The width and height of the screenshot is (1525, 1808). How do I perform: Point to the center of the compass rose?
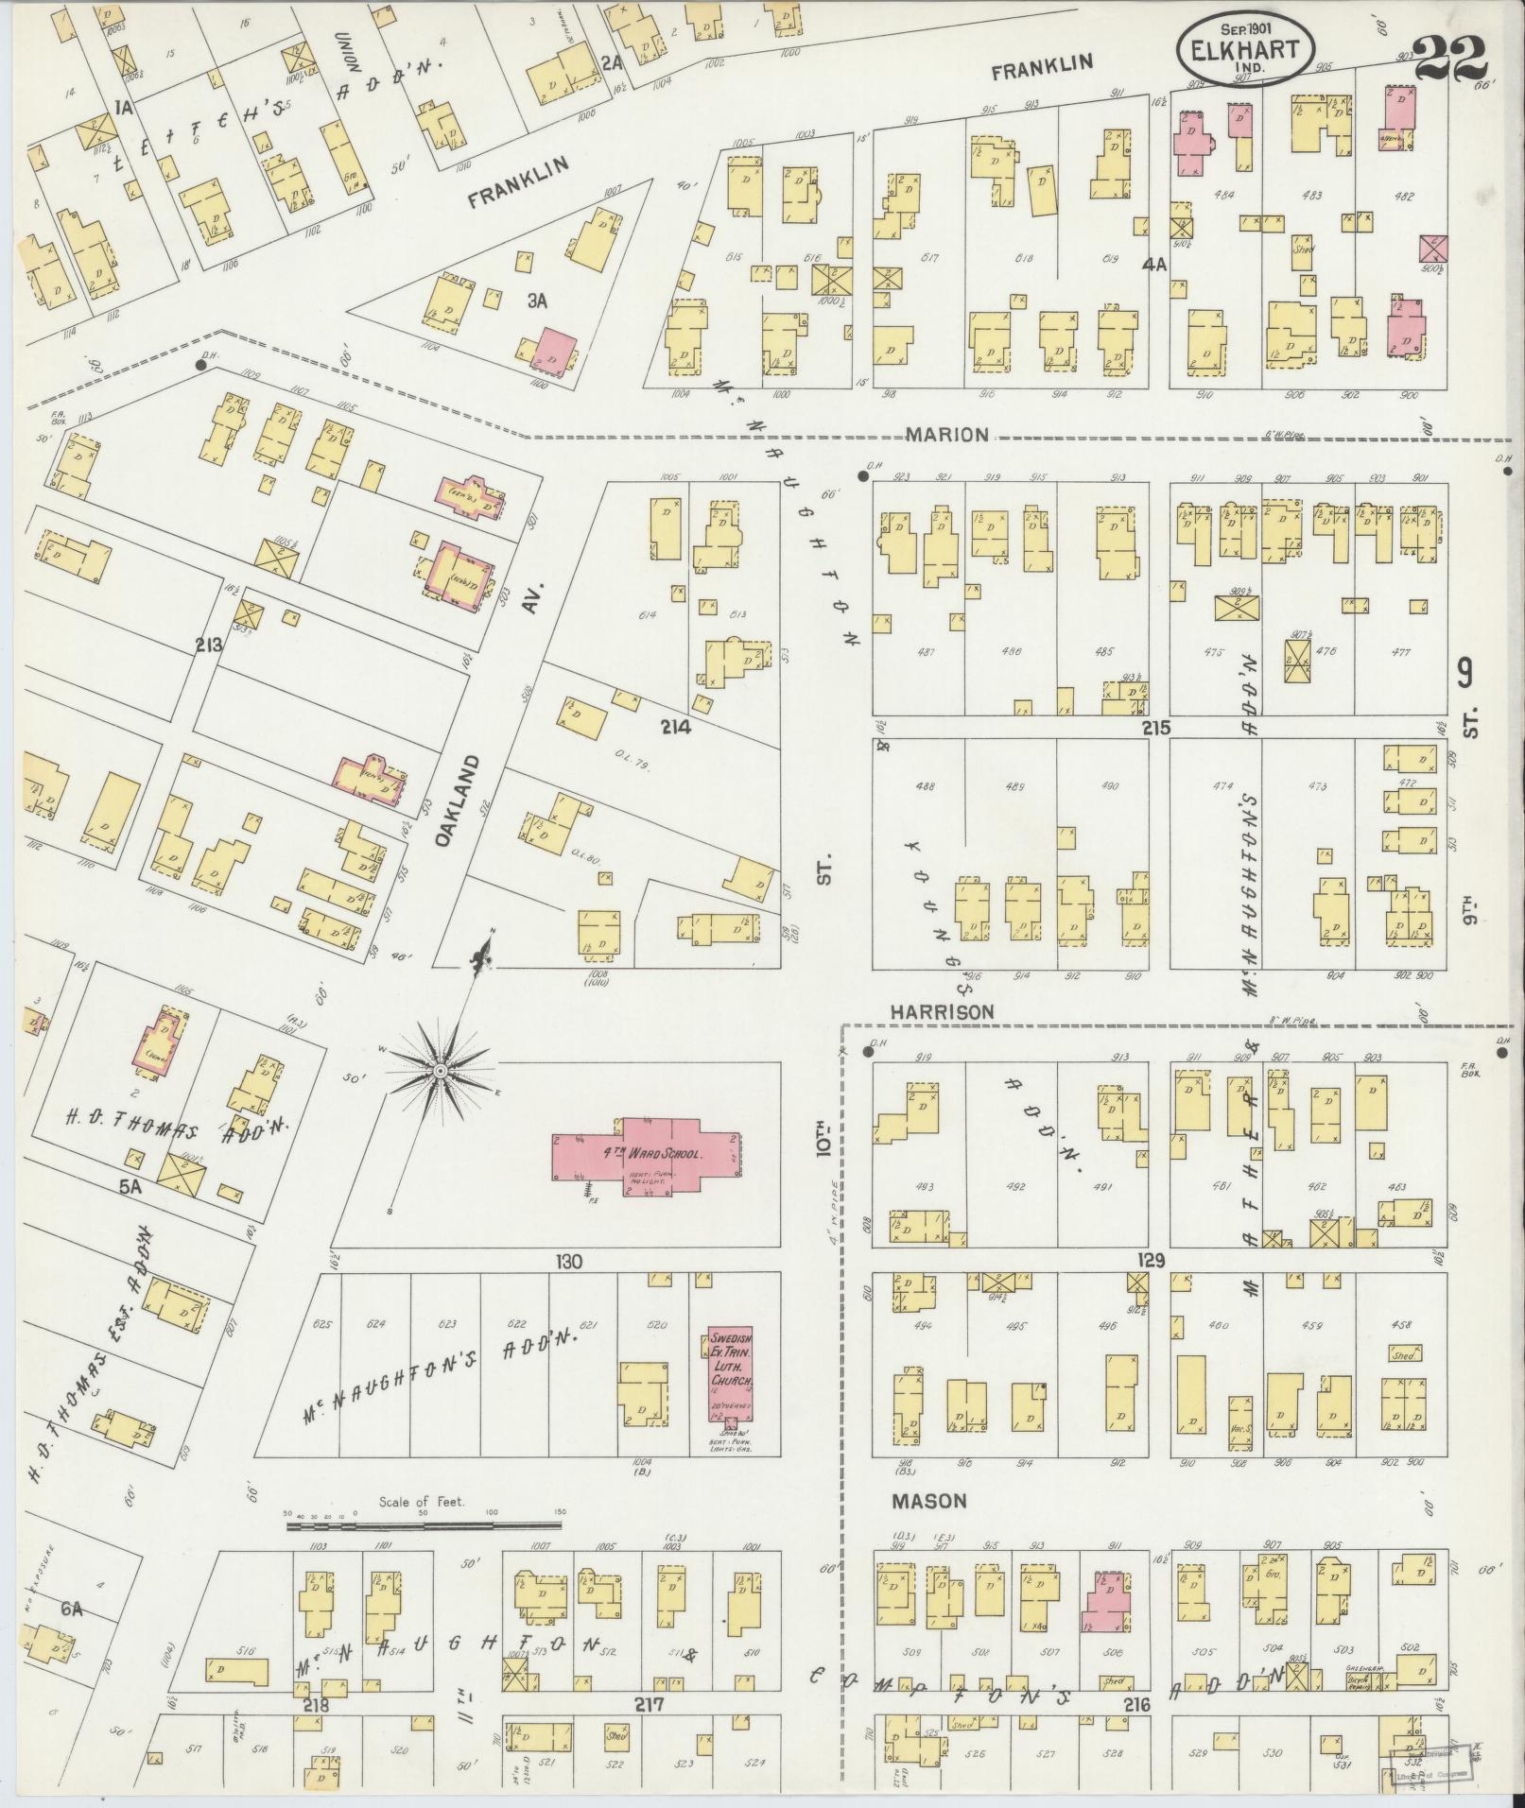pos(440,1071)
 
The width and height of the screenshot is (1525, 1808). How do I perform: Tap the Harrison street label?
pos(942,1011)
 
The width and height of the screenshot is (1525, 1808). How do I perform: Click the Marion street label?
pos(946,435)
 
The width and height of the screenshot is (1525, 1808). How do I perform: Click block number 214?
pos(677,727)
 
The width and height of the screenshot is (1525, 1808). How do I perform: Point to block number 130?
pos(569,1261)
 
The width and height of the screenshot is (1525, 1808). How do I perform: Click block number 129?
pos(1152,1261)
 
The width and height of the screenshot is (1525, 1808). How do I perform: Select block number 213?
pos(208,646)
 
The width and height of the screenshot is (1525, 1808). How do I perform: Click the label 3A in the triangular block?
pos(537,301)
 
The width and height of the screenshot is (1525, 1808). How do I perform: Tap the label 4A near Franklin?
pos(1154,267)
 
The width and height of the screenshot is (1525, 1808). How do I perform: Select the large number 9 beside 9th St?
pos(1464,675)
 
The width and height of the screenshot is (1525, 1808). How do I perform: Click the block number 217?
pos(650,1705)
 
